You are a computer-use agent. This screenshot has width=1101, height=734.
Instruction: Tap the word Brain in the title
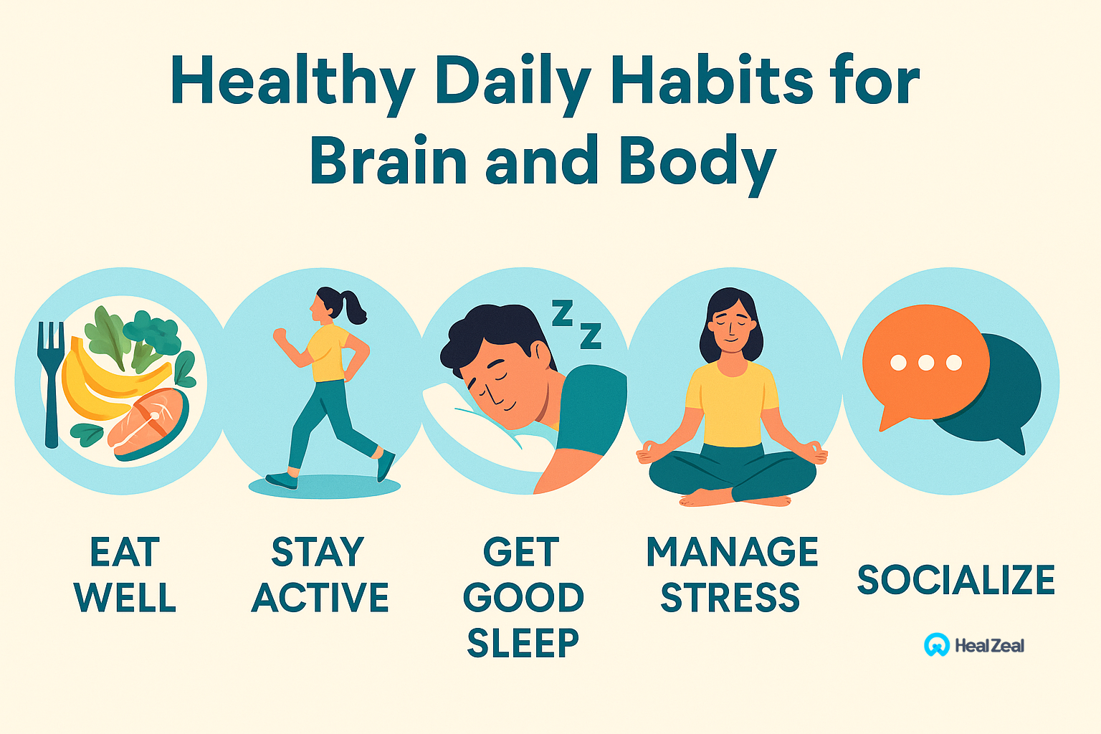coord(389,161)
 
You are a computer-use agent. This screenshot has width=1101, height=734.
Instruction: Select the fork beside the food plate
coord(51,384)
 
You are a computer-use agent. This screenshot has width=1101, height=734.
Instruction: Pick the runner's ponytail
coord(354,308)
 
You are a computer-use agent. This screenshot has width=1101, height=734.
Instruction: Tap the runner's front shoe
coord(386,465)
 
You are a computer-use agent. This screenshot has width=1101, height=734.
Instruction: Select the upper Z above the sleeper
coord(562,313)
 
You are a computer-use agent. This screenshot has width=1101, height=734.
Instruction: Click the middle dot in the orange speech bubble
coord(926,363)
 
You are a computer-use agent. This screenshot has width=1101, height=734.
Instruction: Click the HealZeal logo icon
coord(936,644)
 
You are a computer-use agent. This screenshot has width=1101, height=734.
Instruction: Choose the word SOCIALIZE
coord(956,580)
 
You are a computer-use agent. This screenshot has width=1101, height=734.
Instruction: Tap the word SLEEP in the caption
coord(523,643)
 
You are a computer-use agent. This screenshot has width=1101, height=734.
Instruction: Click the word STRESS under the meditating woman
coord(730,597)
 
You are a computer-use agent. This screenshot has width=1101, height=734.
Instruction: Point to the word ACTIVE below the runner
coord(320,597)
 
